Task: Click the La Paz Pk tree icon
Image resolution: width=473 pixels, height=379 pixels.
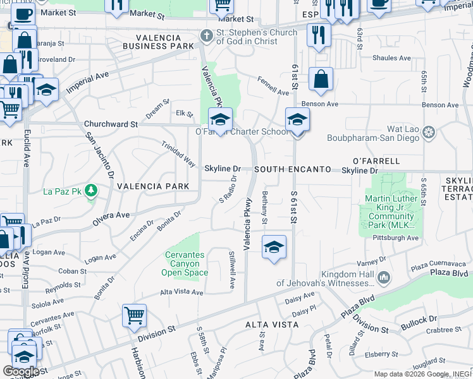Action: [91, 189]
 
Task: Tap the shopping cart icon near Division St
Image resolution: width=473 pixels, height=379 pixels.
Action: [134, 316]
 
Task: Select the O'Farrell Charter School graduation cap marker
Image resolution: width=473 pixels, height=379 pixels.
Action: [221, 119]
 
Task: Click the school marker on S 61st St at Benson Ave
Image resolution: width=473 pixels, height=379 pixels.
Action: [297, 119]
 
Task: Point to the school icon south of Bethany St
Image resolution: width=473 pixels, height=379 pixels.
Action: [274, 246]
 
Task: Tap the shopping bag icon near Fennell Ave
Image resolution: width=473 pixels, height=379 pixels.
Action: [321, 80]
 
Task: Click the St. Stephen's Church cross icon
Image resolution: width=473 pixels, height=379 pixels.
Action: [206, 36]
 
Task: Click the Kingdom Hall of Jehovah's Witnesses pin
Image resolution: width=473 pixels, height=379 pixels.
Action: [383, 277]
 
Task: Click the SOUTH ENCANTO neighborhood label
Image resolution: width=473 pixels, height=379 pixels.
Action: [293, 170]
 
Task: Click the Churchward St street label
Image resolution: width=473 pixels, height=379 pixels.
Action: [111, 124]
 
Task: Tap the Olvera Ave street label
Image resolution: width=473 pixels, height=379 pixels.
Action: [111, 215]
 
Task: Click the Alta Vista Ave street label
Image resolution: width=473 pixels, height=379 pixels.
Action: [181, 292]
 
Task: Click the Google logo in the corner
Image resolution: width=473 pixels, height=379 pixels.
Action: [20, 371]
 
